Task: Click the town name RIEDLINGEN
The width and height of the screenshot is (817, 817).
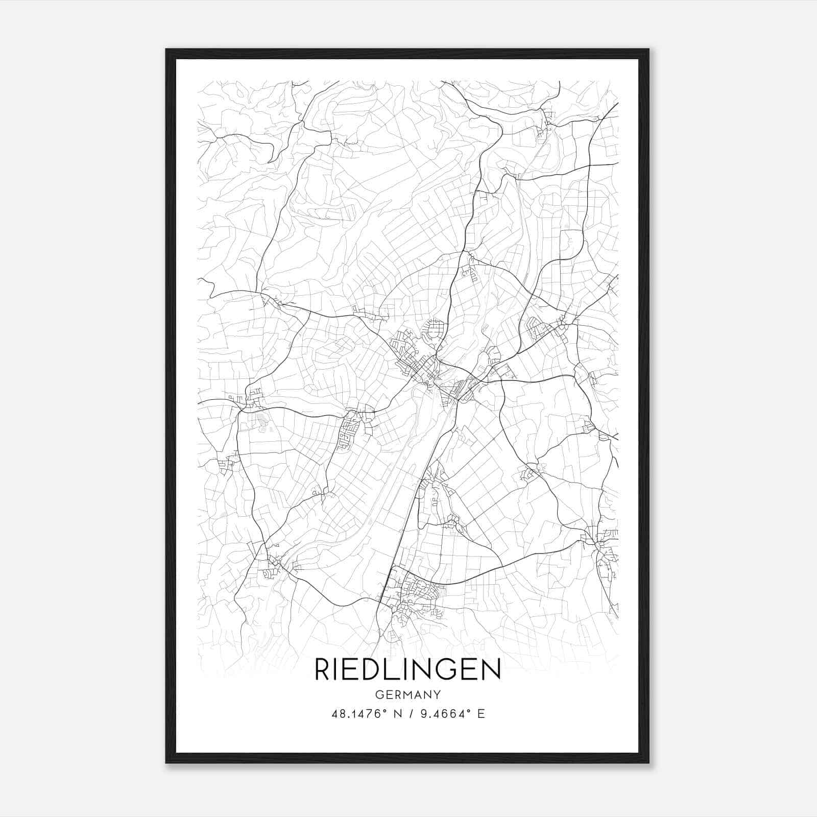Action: [x=407, y=669]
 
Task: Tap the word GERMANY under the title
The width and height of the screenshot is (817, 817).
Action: [x=407, y=694]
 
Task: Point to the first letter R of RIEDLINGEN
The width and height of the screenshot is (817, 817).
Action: [x=323, y=669]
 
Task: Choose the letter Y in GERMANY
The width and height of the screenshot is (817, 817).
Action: [x=437, y=694]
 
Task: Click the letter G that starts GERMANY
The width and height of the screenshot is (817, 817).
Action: [x=379, y=694]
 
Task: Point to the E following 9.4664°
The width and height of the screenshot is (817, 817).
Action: [x=481, y=714]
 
